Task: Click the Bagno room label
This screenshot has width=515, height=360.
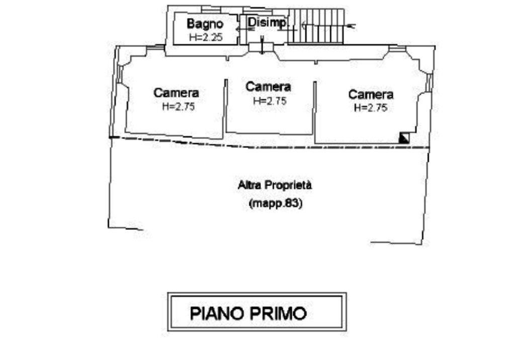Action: pyautogui.click(x=205, y=23)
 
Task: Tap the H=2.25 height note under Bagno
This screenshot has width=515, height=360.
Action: pyautogui.click(x=205, y=36)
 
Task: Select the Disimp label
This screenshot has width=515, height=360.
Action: pyautogui.click(x=267, y=23)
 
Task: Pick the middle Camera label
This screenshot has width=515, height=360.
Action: pyautogui.click(x=268, y=86)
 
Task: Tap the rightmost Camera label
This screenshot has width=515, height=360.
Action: pyautogui.click(x=371, y=94)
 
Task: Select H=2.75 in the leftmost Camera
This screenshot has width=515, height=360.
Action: pyautogui.click(x=178, y=107)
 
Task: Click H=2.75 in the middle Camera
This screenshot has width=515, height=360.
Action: pyautogui.click(x=270, y=101)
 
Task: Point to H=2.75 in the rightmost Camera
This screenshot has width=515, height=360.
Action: pyautogui.click(x=371, y=108)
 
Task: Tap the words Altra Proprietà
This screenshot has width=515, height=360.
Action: pyautogui.click(x=273, y=186)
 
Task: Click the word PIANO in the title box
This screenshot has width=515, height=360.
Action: pyautogui.click(x=216, y=313)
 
